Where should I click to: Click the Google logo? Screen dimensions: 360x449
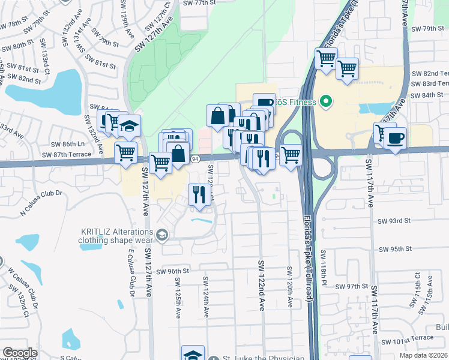[19, 353]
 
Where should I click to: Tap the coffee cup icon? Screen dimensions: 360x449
[395, 139]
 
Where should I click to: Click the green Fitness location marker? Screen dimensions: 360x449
[325, 101]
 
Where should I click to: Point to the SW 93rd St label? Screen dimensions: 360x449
[393, 221]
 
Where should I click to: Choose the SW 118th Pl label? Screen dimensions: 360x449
[325, 267]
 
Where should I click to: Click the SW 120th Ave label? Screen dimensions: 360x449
[289, 286]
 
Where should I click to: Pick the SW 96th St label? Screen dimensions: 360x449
[172, 271]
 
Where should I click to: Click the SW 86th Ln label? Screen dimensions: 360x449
[65, 145]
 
